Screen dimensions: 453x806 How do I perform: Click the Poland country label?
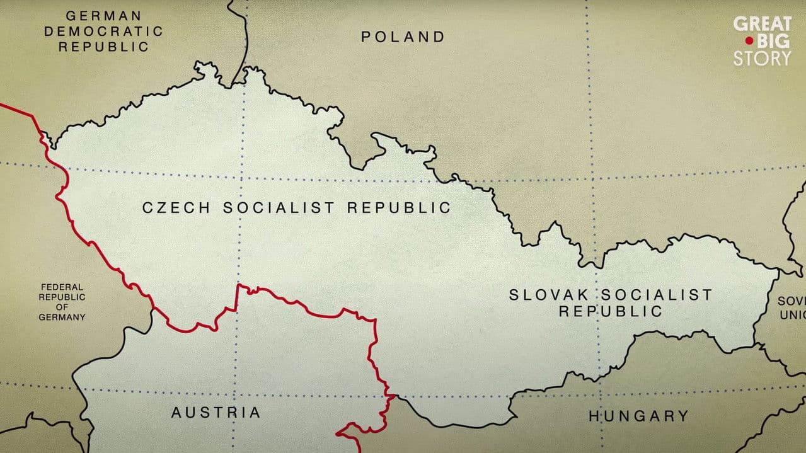tap(403, 37)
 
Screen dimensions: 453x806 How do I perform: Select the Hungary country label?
tap(638, 416)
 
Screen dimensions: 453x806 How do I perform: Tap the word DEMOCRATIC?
tap(103, 31)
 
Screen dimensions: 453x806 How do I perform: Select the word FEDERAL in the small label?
tap(61, 287)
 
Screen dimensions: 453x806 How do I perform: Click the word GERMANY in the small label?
tap(62, 318)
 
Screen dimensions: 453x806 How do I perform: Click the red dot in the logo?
tap(749, 41)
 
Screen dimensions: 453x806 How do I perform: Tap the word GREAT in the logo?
tap(762, 24)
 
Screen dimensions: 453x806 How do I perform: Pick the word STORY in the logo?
tap(762, 59)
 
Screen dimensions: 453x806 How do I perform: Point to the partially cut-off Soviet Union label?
tap(791, 307)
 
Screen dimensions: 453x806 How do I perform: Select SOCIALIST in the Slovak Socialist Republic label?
tap(655, 294)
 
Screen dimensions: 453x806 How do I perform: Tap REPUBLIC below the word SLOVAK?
tap(611, 311)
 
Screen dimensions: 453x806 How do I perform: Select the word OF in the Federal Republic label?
tap(61, 307)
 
